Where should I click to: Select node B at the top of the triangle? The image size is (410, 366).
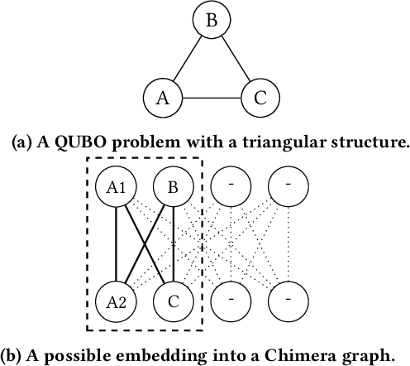click(212, 21)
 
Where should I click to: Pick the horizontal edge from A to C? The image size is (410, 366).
click(212, 99)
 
